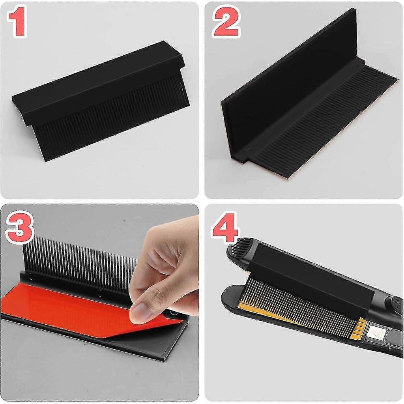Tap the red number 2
click(226, 22)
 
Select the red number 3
click(20, 227)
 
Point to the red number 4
click(224, 228)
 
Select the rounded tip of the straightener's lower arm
click(230, 294)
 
